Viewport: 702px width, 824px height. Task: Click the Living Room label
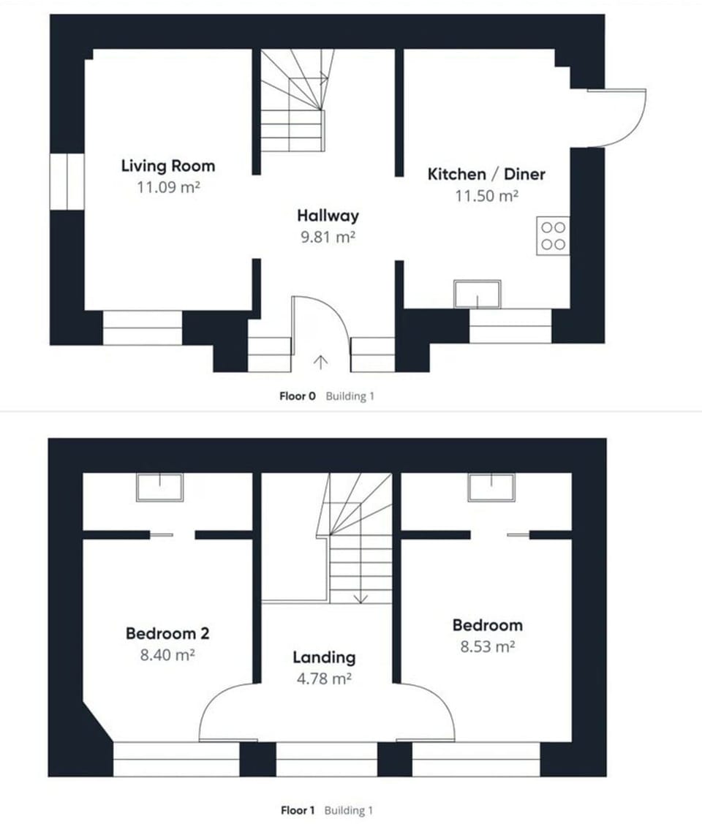click(x=167, y=166)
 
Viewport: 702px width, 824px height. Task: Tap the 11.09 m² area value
click(x=168, y=187)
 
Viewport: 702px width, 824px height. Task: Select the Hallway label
click(x=328, y=216)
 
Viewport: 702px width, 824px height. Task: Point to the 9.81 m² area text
click(x=328, y=237)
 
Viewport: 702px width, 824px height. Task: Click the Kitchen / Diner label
click(x=486, y=174)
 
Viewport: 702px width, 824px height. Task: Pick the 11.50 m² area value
click(x=487, y=195)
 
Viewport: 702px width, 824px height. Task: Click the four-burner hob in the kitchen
click(x=553, y=236)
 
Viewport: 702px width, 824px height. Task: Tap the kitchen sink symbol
click(x=477, y=294)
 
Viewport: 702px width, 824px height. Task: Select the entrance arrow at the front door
click(x=320, y=361)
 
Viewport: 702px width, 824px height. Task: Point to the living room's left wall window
click(x=67, y=181)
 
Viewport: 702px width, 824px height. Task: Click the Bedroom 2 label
click(x=167, y=633)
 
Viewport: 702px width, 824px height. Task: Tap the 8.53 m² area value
click(x=487, y=646)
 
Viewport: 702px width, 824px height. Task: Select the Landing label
click(x=324, y=657)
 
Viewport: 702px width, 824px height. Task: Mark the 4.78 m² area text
click(x=325, y=679)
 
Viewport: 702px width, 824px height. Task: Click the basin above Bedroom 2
click(x=159, y=488)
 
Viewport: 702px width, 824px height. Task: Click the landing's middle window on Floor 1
click(x=326, y=759)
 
